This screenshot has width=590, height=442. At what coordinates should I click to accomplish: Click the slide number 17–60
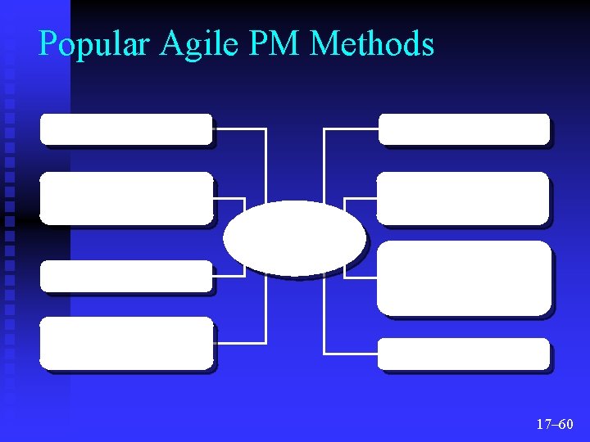click(x=555, y=424)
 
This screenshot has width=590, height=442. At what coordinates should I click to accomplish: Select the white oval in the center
click(x=294, y=237)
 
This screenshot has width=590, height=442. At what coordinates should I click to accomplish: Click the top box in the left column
click(x=126, y=129)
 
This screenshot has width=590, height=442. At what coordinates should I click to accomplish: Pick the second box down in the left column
click(x=126, y=198)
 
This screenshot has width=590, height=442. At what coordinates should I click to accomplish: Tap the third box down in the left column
click(x=126, y=276)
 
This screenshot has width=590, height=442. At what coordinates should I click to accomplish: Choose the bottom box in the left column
click(x=126, y=342)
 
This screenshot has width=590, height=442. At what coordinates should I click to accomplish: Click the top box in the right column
click(x=464, y=129)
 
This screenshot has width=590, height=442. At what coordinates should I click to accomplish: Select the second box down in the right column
click(x=463, y=198)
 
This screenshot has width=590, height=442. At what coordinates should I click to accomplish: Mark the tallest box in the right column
click(x=465, y=277)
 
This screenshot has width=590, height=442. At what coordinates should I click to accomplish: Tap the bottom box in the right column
click(x=464, y=354)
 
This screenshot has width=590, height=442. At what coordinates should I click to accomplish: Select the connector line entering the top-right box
click(x=351, y=129)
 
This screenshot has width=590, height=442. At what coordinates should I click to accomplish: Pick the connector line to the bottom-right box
click(x=351, y=354)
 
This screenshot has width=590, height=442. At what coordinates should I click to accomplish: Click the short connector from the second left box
click(x=230, y=198)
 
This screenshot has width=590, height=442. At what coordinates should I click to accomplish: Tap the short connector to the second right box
click(x=361, y=198)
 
